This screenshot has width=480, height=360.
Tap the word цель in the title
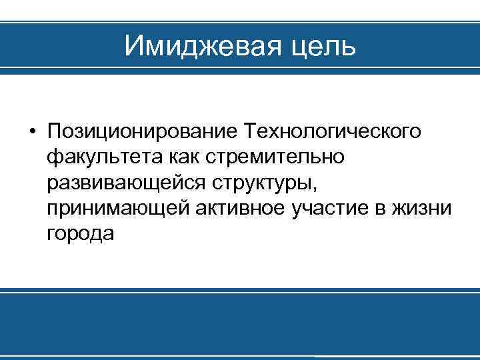point(325,46)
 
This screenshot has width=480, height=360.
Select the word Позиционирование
point(143,131)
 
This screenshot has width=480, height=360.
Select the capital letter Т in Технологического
point(251,131)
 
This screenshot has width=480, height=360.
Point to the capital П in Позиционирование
point(54,131)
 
